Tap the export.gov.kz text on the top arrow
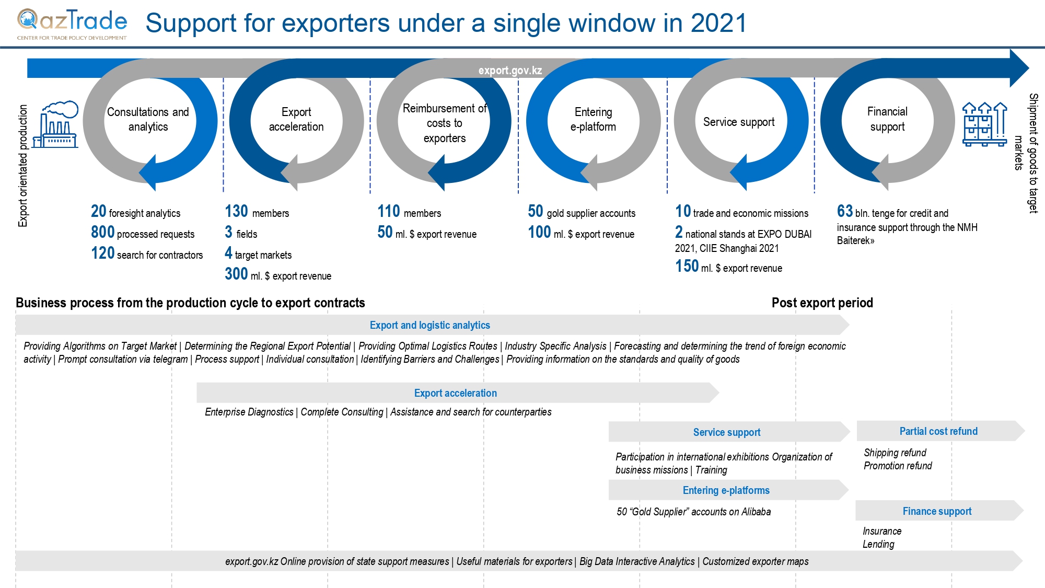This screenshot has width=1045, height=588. point(510,71)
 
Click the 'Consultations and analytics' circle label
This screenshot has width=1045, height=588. point(148,119)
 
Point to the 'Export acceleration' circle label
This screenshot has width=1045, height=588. point(296,119)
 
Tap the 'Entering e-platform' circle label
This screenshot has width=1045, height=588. point(593,119)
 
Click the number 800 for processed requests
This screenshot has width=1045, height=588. point(103,232)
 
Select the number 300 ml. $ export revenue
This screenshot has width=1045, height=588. point(236,274)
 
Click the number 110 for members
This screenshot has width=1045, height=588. point(389,211)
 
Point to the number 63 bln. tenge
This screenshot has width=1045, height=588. point(844,211)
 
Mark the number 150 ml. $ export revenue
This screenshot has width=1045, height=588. point(687,266)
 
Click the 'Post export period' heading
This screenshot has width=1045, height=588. point(822,303)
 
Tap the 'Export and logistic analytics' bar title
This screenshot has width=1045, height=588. point(429,325)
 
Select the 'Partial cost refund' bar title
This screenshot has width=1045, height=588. point(938,431)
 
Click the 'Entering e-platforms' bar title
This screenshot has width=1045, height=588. point(726,490)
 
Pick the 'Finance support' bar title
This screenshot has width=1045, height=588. point(937,511)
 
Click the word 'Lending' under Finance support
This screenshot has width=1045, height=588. point(878,544)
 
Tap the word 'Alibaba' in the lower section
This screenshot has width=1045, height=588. point(756,512)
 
